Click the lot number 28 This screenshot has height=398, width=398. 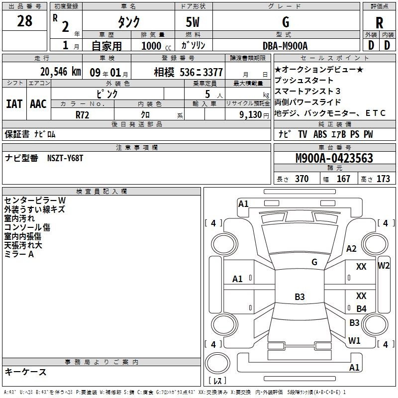[x=24, y=21]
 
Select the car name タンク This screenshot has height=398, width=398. [x=128, y=22]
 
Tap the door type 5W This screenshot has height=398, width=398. [x=193, y=22]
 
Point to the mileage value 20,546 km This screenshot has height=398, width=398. [x=61, y=72]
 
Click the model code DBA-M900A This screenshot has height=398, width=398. [x=285, y=46]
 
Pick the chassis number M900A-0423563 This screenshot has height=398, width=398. [x=334, y=158]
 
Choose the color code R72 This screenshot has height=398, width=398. [x=82, y=115]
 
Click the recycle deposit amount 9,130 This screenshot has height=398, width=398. [x=251, y=115]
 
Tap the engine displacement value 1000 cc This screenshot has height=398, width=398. [x=156, y=46]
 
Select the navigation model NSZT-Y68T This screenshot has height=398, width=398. [x=65, y=158]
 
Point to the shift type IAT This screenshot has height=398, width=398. [x=14, y=104]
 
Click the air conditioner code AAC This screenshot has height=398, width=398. [x=38, y=104]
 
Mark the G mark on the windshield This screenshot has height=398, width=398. [x=314, y=262]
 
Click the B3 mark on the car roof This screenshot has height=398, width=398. [x=299, y=297]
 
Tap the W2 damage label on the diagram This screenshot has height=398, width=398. [x=384, y=266]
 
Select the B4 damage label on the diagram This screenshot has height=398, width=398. [x=362, y=308]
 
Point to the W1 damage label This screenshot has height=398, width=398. [x=354, y=340]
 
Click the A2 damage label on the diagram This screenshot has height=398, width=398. [x=351, y=248]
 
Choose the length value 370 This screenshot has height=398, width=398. [x=302, y=179]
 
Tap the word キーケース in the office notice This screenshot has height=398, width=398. [x=26, y=372]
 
